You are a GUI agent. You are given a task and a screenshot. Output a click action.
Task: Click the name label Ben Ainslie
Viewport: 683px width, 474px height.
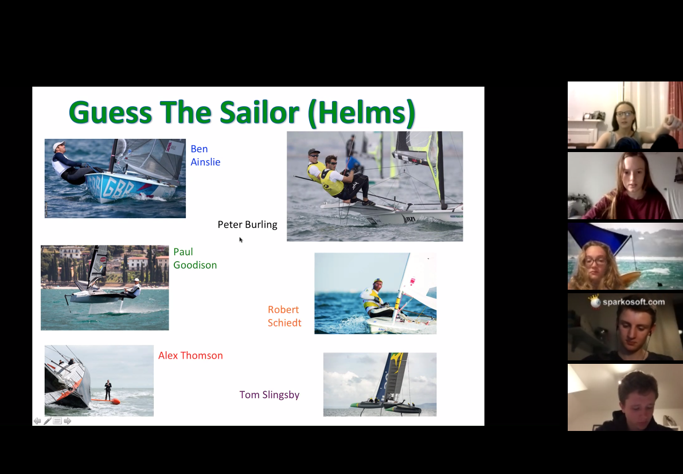(x=205, y=156)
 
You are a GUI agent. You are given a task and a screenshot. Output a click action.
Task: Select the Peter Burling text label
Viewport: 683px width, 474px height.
(x=247, y=224)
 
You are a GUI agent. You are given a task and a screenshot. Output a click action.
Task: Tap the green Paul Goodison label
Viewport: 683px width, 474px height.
(x=195, y=258)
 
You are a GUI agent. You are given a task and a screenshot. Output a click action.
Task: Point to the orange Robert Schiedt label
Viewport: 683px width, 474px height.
(x=284, y=316)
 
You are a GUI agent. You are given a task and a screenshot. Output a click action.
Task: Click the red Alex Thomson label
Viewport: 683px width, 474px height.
(x=190, y=355)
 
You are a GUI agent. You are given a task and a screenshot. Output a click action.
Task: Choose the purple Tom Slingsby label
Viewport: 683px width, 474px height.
(x=269, y=395)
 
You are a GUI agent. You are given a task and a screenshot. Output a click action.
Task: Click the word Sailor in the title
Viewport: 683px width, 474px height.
(x=259, y=112)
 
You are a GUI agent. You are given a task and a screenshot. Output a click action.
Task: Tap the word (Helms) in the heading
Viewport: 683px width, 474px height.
(x=361, y=113)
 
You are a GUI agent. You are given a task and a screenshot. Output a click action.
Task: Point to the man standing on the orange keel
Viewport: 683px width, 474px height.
(x=108, y=390)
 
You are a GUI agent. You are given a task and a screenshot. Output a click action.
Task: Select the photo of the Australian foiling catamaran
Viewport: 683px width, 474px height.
(x=380, y=384)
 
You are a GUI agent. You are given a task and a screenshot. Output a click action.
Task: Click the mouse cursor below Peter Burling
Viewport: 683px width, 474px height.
(x=241, y=239)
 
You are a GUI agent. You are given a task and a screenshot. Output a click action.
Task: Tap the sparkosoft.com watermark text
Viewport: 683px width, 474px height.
(x=633, y=302)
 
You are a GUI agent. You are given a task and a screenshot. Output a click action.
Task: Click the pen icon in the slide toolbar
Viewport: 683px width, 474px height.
(x=48, y=421)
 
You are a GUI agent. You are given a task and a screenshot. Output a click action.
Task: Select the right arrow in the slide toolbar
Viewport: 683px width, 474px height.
(x=68, y=421)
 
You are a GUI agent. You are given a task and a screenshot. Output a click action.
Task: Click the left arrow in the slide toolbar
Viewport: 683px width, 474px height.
(x=37, y=421)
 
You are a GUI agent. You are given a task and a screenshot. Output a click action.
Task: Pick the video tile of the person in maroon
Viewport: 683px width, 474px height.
(x=625, y=185)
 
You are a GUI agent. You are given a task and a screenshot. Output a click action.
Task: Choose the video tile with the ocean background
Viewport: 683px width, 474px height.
(x=625, y=257)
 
